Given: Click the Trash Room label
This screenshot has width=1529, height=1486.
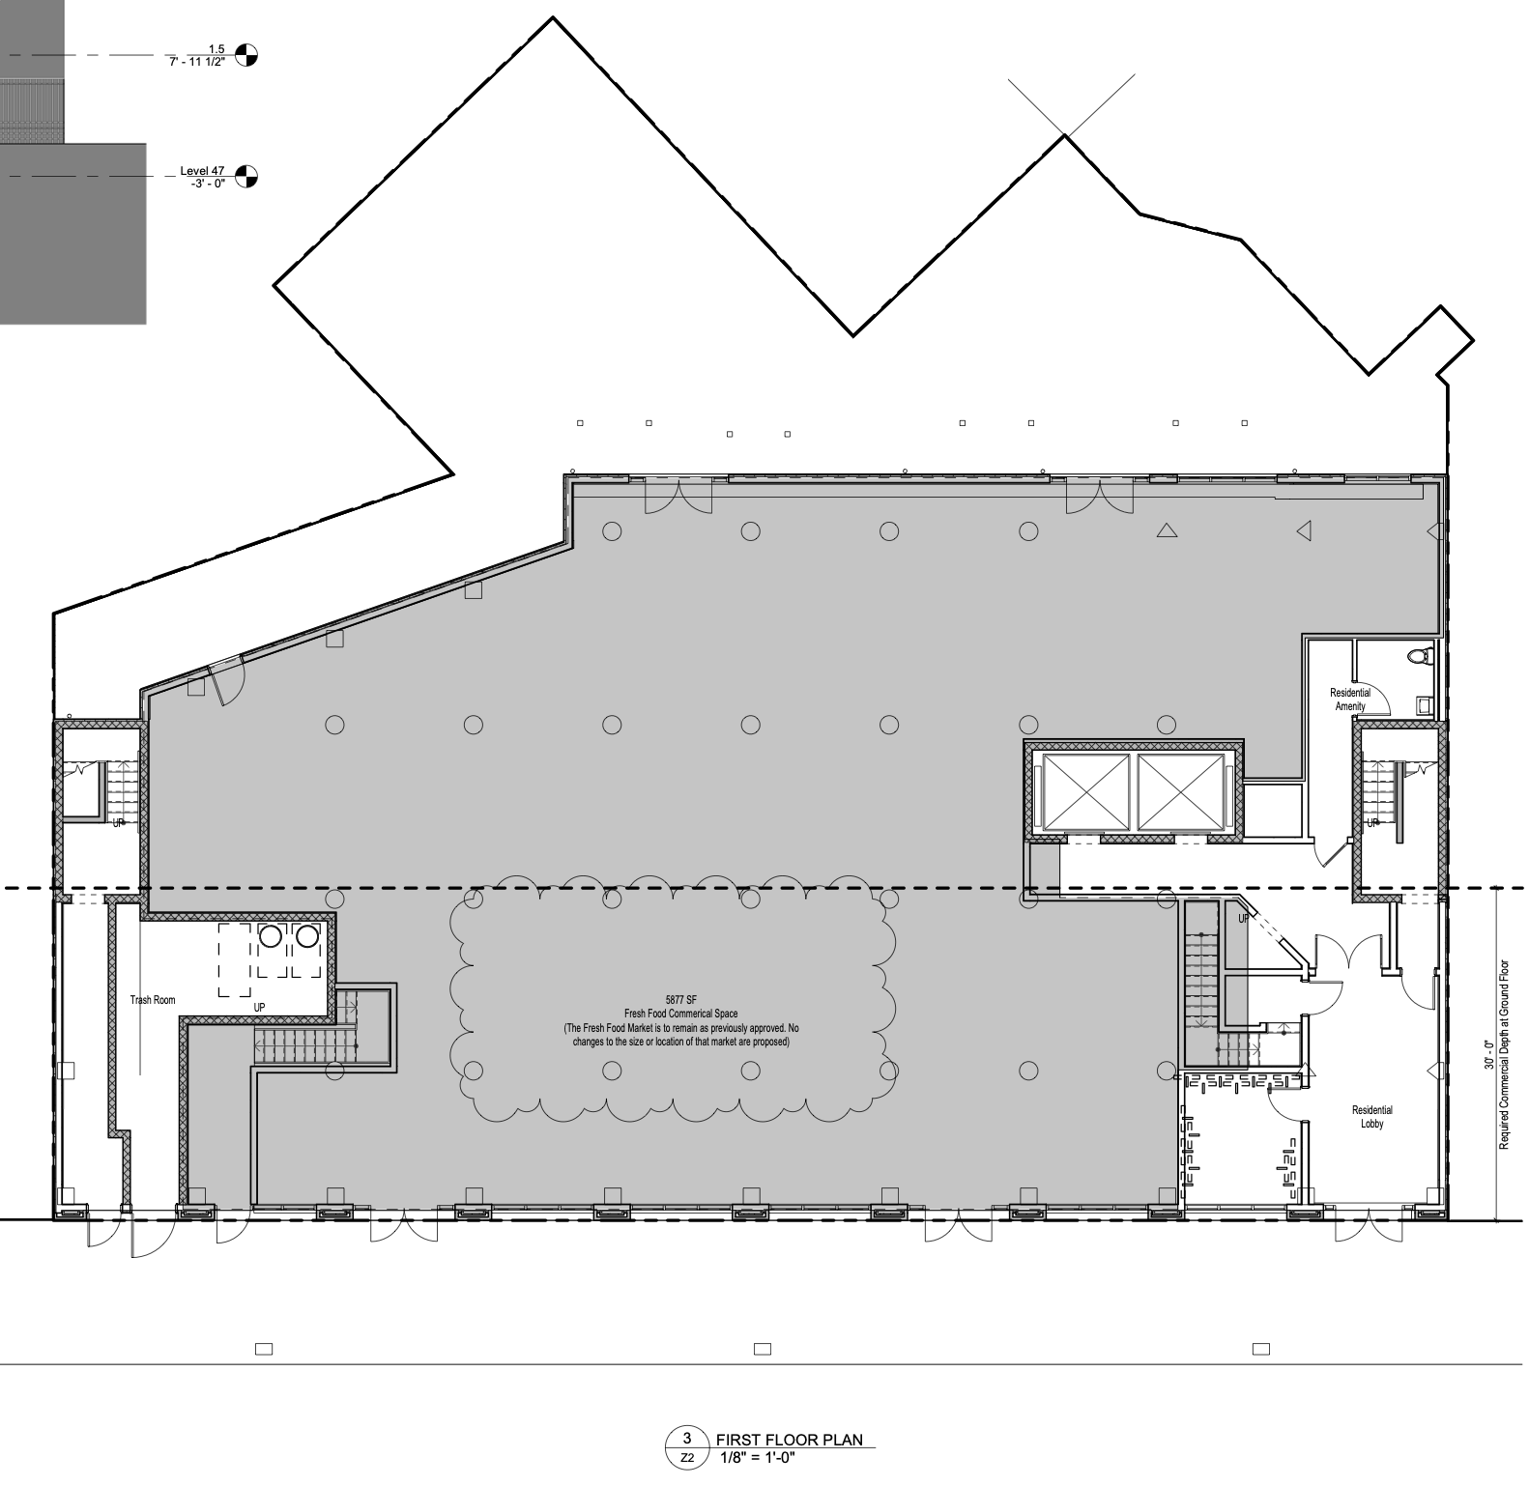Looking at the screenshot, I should coord(153,1000).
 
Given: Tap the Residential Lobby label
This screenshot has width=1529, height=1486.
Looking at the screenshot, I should coord(1371,1117).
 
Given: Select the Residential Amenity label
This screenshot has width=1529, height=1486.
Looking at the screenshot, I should coord(1349,700).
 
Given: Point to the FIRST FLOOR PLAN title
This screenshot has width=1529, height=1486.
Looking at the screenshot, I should coord(789,1440).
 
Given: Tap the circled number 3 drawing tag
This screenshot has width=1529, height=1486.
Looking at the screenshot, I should coord(686,1439).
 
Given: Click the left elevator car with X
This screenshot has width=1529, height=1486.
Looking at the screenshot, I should coord(1085,791).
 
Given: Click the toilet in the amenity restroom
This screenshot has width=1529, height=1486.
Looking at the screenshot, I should coord(1418,658).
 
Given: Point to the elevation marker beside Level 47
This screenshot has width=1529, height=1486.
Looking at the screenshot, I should coord(246,176).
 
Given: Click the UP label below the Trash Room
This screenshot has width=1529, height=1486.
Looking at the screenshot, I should coord(259,1007).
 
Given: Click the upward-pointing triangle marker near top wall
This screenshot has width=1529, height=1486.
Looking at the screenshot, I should coord(1167,529).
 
